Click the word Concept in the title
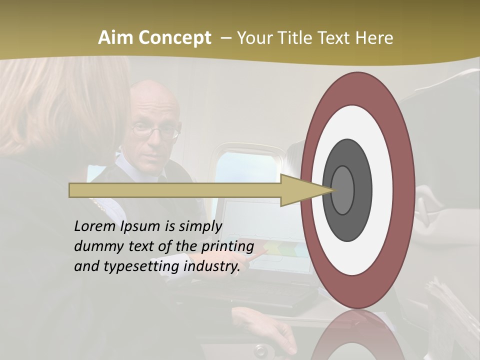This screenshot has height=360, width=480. pos(174,38)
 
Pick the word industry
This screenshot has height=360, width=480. pos(212,266)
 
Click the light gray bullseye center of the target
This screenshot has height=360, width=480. pos(342,190)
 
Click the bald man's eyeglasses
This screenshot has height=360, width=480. pos(155,131)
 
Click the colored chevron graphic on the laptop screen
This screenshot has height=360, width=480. pos(280,248)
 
